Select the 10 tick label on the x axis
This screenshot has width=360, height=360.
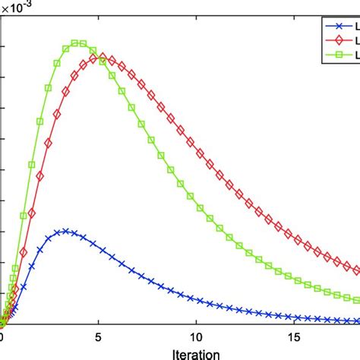(197, 335)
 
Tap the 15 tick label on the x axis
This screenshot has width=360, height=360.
(295, 335)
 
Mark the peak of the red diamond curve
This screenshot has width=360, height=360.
(101, 56)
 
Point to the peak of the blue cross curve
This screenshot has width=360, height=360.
(67, 231)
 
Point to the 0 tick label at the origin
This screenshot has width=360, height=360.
(2, 335)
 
